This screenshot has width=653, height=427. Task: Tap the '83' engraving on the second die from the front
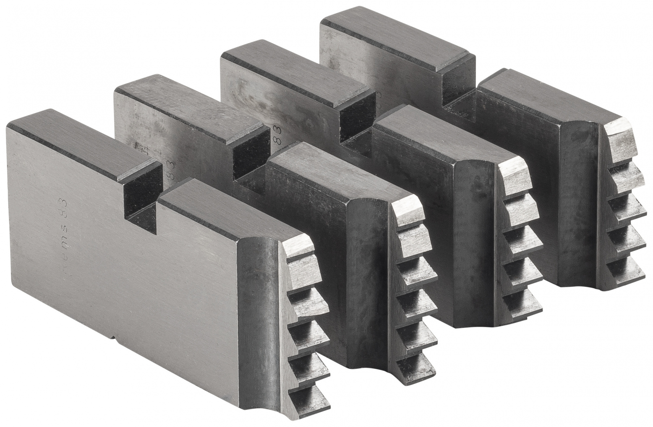pyautogui.click(x=169, y=170)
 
